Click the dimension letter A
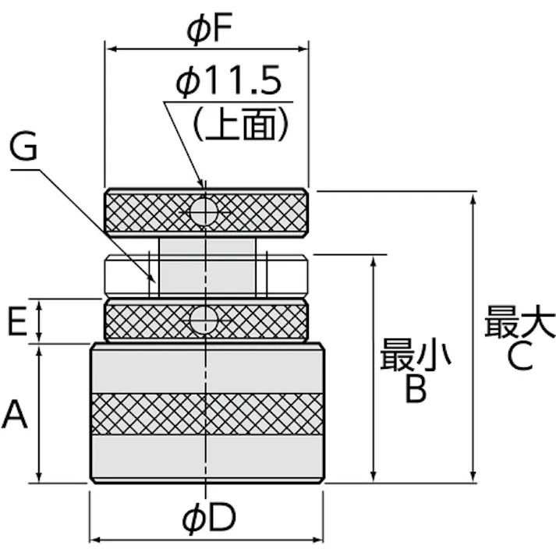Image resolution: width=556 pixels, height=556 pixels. coord(15,414)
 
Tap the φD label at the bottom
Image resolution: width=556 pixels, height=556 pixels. coord(208,517)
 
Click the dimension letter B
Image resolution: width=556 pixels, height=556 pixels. coord(416,389)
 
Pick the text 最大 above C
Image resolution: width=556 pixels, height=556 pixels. coord(519,322)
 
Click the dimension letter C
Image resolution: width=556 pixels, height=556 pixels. coord(519,356)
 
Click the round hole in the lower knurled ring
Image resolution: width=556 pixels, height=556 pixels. coord(205,319)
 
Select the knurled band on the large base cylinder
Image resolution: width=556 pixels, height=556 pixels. coord(207,413)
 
